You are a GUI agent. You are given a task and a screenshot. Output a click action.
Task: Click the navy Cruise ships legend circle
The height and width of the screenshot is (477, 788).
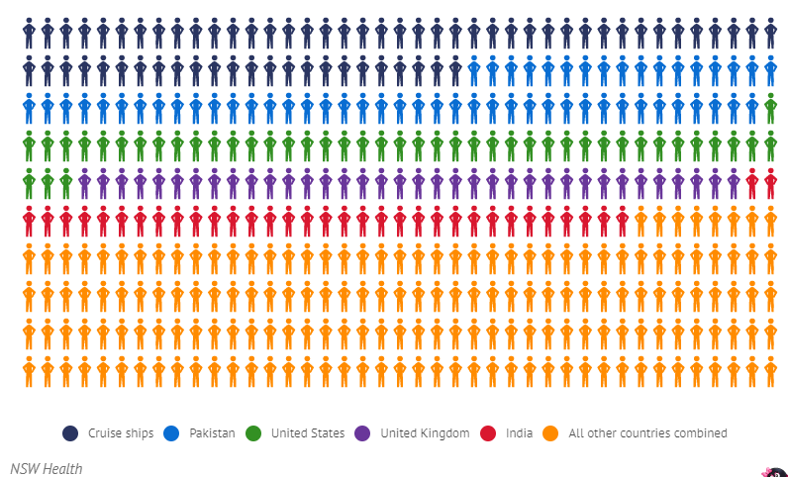[70, 433]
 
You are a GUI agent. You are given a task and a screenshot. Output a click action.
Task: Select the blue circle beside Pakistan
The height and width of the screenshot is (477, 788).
[171, 433]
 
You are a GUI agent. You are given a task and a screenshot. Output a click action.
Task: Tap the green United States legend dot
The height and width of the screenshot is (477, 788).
[253, 433]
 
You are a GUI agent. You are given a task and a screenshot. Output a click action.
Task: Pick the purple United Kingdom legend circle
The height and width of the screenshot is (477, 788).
[362, 433]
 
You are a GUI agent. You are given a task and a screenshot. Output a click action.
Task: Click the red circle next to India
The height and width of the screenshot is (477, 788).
[488, 433]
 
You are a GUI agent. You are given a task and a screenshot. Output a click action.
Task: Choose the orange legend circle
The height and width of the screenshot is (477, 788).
[550, 433]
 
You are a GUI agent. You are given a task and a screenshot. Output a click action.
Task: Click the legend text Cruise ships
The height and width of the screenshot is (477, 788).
[121, 433]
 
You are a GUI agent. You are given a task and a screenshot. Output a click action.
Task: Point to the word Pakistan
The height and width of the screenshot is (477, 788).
[212, 433]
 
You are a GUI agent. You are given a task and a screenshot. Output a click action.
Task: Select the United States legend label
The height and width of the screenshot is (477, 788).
[308, 433]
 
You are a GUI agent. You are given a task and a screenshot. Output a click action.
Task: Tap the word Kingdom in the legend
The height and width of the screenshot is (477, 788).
[444, 433]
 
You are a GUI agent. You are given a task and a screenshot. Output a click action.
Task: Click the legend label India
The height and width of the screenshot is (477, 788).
[519, 433]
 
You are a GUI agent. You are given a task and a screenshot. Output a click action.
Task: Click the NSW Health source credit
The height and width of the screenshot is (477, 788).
[47, 468]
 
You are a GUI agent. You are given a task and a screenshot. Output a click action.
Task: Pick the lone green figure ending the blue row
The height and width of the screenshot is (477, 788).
[770, 108]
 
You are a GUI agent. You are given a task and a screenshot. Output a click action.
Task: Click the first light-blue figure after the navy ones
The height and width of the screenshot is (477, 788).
[474, 71]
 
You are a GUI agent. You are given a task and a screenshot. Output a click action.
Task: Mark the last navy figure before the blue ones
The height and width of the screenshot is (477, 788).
[455, 71]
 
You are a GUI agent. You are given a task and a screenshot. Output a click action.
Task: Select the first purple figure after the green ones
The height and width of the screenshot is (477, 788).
[84, 183]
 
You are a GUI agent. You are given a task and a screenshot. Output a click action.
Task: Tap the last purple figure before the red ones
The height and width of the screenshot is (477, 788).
[734, 183]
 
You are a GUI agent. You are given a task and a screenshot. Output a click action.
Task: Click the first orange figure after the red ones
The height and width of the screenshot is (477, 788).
[640, 221]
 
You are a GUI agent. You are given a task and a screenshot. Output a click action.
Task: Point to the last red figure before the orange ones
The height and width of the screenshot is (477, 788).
[622, 221]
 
